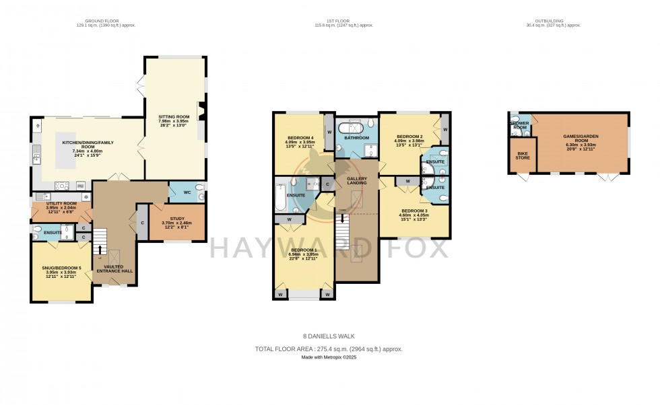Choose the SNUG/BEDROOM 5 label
pos(61,268)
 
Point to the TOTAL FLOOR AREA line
pos(329,348)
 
